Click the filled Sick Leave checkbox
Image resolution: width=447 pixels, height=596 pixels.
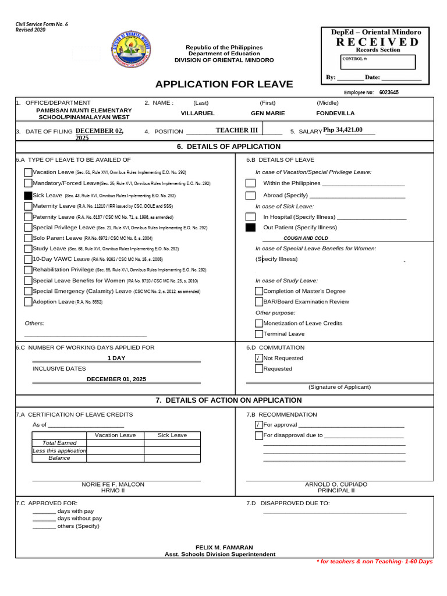28,196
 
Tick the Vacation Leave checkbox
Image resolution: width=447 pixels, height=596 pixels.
28,172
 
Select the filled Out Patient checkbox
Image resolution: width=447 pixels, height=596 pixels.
250,228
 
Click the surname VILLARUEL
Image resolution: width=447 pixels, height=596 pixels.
198,113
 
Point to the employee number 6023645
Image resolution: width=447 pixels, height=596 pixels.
389,92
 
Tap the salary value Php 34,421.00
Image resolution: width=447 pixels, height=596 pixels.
343,130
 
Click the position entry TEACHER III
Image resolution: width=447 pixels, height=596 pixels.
236,130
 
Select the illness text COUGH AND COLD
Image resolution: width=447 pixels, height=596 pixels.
306,238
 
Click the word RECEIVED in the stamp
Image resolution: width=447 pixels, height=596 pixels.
376,42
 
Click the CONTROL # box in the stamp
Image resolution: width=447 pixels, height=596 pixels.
378,62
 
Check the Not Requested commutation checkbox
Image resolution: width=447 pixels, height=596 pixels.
259,358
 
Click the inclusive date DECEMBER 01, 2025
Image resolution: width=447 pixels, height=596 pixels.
116,379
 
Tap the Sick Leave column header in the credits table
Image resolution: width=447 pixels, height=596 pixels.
172,435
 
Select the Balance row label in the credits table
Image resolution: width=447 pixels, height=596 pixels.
59,458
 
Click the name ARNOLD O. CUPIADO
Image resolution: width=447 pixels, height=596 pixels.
336,484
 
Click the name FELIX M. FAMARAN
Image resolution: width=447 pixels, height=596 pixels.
224,548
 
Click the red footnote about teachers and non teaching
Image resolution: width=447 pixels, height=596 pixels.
374,561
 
